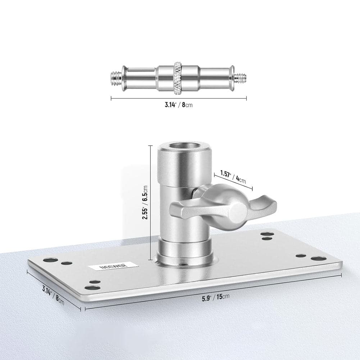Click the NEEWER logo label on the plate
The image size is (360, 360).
point(113,266)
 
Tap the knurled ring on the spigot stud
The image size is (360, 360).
point(177,79)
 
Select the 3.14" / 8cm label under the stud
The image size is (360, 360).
point(179,105)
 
